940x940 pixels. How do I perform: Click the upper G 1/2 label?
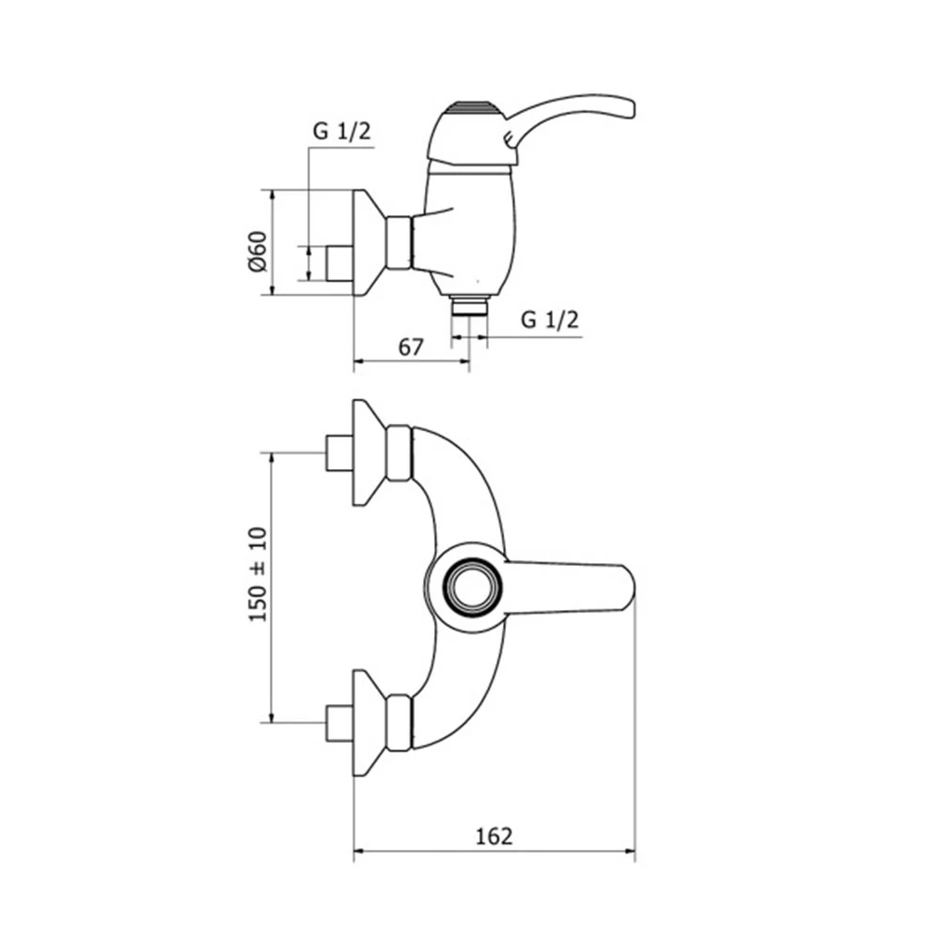pos(342,131)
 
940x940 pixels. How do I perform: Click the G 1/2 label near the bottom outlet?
pos(550,320)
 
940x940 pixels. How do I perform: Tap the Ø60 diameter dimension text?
pos(258,251)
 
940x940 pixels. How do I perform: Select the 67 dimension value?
pos(411,347)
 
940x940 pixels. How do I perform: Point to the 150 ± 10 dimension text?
pos(258,574)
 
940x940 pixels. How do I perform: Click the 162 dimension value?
pos(494,837)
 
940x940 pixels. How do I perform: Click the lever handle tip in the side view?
pos(627,109)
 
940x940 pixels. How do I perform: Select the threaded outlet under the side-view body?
pos(469,305)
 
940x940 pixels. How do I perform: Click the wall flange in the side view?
pos(368,243)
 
